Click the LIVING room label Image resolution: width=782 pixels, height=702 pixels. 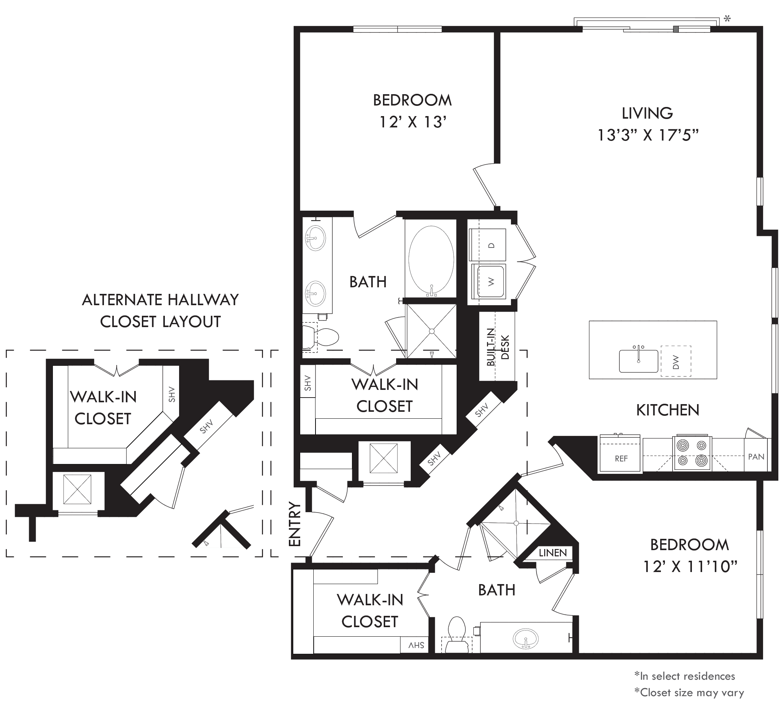click(647, 113)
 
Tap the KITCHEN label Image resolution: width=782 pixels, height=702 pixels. click(667, 410)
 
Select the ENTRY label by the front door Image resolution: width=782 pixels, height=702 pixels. click(295, 524)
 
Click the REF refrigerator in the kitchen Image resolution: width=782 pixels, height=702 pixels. click(619, 454)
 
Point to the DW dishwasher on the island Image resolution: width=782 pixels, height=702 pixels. click(675, 361)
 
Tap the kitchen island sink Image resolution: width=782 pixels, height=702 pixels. click(638, 360)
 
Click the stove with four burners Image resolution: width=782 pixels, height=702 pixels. click(692, 453)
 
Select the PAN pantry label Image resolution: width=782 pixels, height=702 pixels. click(756, 457)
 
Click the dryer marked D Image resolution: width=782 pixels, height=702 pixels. click(488, 245)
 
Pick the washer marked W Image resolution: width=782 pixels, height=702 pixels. click(488, 281)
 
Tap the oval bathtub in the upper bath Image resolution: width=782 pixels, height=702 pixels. click(431, 260)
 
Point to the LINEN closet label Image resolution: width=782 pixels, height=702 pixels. click(553, 553)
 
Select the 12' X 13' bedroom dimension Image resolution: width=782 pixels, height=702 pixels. click(413, 122)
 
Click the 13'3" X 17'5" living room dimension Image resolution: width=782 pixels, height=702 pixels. click(648, 135)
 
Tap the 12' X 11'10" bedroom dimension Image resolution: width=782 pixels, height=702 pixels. click(690, 567)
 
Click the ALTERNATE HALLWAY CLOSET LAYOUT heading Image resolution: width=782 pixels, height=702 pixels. click(160, 311)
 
